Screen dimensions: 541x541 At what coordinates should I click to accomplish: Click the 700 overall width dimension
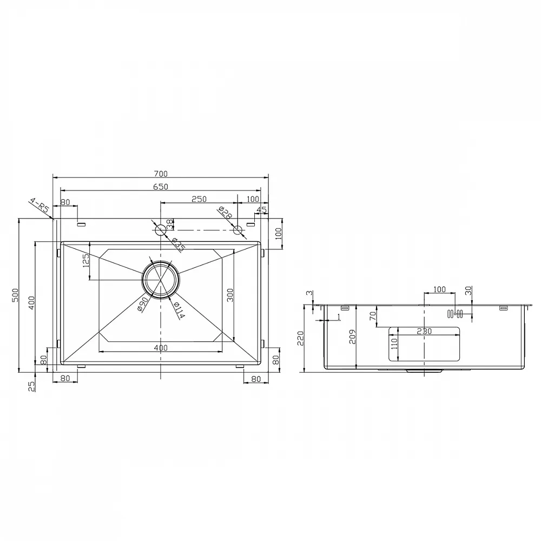[x=161, y=174]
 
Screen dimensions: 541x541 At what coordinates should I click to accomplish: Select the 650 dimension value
[x=161, y=187]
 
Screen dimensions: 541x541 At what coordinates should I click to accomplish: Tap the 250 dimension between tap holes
[x=199, y=199]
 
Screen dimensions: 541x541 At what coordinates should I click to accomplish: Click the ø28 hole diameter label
[x=225, y=213]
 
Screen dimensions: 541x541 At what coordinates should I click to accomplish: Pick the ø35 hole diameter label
[x=179, y=245]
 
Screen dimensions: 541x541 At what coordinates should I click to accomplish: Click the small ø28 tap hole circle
[x=237, y=230]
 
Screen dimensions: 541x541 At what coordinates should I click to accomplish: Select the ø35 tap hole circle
[x=161, y=230]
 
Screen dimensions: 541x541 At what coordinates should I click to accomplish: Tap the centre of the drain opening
[x=161, y=280]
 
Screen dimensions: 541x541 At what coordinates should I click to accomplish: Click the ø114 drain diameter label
[x=179, y=310]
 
